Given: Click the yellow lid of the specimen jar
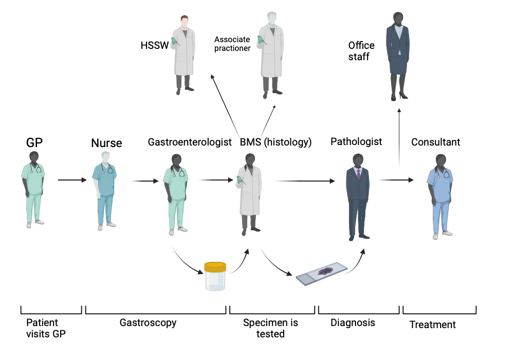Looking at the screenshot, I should (215, 267).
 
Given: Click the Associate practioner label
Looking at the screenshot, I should (232, 44).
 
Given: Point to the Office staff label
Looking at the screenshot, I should (361, 51).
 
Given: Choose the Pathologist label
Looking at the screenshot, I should (356, 141).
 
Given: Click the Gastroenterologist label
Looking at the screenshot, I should (190, 142).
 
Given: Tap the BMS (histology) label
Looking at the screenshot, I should (276, 142).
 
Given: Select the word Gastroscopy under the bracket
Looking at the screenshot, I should (148, 323).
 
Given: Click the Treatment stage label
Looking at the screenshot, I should (432, 325).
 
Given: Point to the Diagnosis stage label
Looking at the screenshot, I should (353, 322).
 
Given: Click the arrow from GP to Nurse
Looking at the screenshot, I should (71, 180).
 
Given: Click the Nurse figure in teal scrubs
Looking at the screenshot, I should (105, 190).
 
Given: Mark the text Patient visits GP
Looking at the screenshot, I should (46, 328).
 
